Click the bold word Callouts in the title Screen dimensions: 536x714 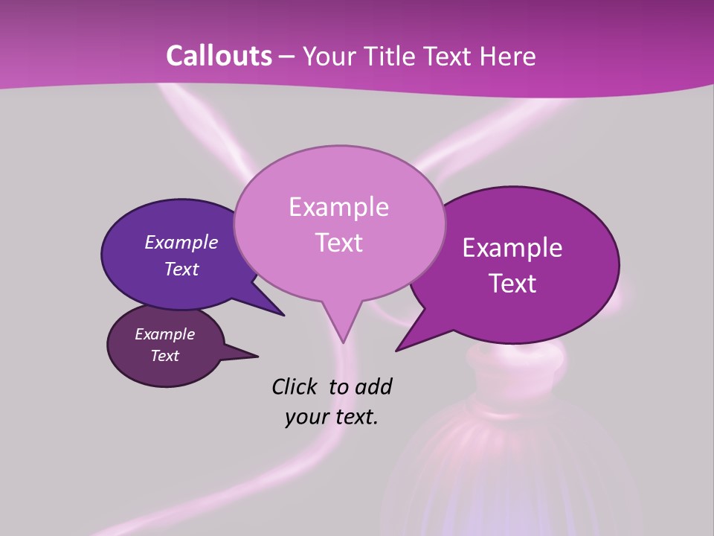pos(219,56)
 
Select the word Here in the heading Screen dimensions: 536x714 pos(508,56)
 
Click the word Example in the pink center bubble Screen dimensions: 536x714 pos(338,207)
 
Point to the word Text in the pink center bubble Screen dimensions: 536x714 pos(338,243)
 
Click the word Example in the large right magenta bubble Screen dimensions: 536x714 pos(512,248)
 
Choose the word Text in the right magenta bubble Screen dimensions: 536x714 pos(513,284)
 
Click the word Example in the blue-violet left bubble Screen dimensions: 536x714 pos(181,242)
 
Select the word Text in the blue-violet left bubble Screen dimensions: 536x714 pos(181,269)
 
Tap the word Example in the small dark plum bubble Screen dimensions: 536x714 pos(165,334)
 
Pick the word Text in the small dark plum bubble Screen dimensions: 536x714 pos(165,356)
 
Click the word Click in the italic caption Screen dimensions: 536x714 pos(295,386)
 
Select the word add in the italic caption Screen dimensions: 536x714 pos(373,386)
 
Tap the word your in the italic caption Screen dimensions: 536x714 pos(306,417)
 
